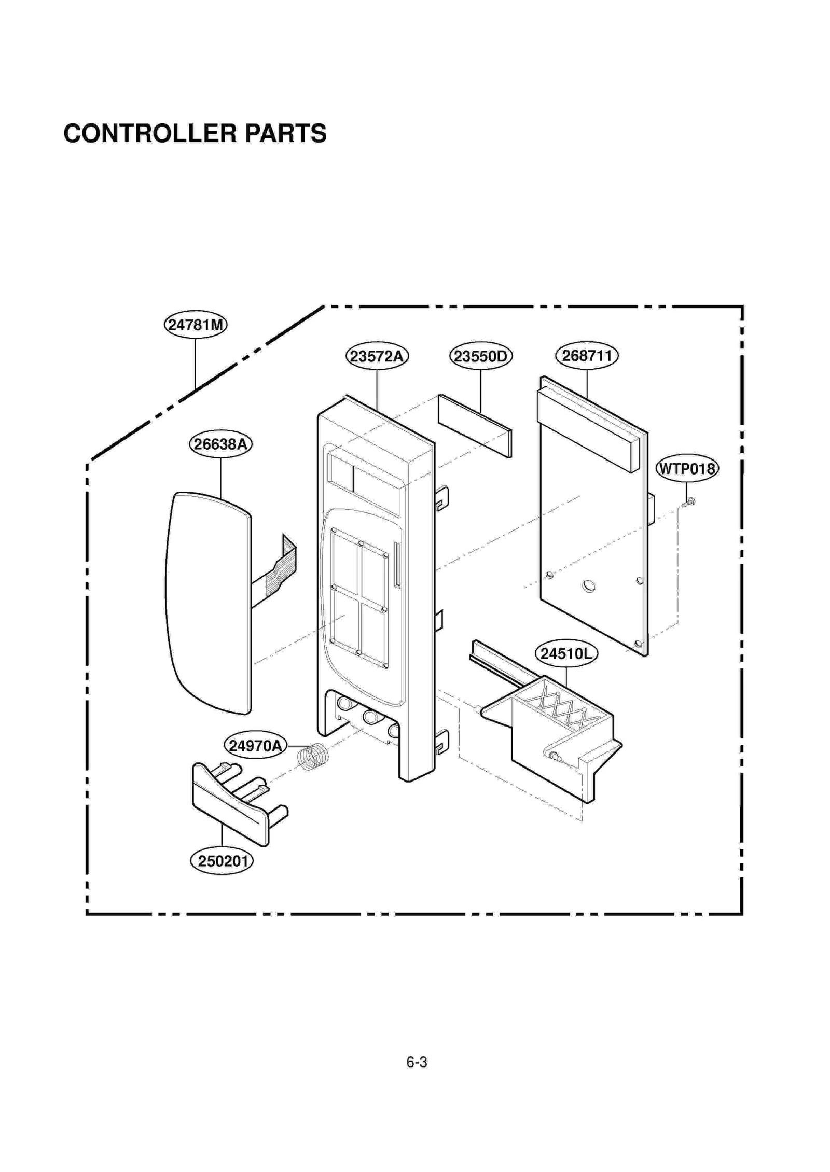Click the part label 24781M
pos(196,325)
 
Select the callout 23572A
pos(377,356)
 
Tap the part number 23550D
pos(480,356)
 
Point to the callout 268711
pos(587,356)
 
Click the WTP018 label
pos(687,469)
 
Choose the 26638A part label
pos(220,444)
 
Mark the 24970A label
pos(255,746)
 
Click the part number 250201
pos(222,861)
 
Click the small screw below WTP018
pos(688,502)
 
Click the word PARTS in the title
pos(285,133)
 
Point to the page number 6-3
pos(417,1062)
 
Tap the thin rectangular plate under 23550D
pos(475,426)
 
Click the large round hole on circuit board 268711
pos(588,587)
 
